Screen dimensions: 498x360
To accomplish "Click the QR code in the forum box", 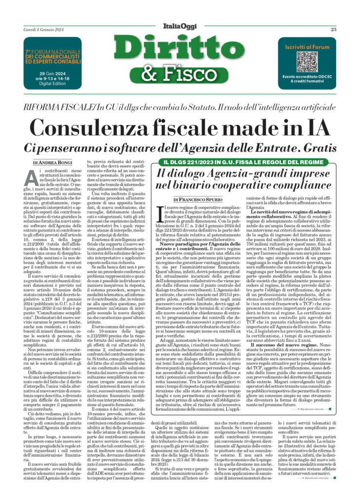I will [306, 62].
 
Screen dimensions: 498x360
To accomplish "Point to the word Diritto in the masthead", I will [180, 50].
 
